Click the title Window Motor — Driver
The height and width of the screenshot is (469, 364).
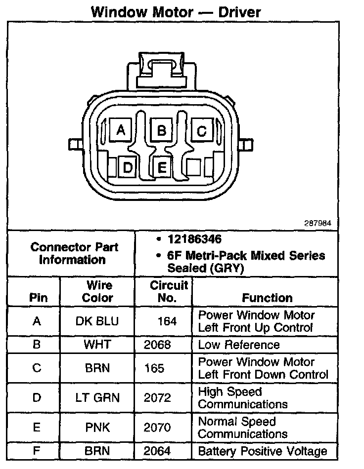coord(176,11)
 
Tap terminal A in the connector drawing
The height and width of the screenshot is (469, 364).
coord(119,130)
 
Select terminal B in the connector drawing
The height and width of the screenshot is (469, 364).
coord(161,130)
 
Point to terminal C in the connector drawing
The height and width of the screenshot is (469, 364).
coord(201,131)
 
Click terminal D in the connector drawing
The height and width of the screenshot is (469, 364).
coord(128,168)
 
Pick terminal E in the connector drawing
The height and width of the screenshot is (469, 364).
coord(162,168)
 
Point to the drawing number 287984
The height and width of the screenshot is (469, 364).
coord(318,223)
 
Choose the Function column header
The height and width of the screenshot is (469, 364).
coord(267,298)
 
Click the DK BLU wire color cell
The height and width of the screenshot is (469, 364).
coord(97,321)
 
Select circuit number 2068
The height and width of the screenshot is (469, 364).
coord(157,345)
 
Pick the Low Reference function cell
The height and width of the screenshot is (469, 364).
coord(239,345)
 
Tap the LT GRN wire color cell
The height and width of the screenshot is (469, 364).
coord(97,398)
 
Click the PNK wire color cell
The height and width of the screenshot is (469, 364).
coord(97,428)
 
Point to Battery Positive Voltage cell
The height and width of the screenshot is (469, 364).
coord(262,451)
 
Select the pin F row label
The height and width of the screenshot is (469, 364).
coord(36,451)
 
